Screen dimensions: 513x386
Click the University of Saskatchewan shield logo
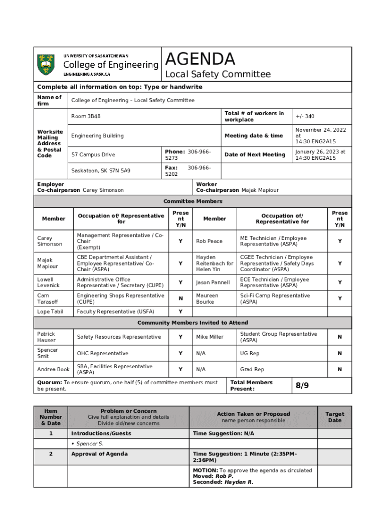[x=46, y=65]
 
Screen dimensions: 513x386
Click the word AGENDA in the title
[x=200, y=59]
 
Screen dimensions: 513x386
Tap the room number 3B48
[x=86, y=116]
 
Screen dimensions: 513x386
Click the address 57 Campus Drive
[x=93, y=154]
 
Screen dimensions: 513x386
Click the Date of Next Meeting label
[x=255, y=154]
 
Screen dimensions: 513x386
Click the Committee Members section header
[x=193, y=201]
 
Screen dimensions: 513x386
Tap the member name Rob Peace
[x=209, y=241]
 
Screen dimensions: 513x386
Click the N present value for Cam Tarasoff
[x=180, y=299]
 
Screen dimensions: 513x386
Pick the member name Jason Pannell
[x=213, y=283]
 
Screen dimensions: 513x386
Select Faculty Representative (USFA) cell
[x=115, y=312]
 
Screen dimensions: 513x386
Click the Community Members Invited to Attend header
[x=193, y=323]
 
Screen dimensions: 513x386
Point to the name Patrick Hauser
[x=46, y=337]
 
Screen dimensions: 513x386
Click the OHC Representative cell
[x=102, y=353]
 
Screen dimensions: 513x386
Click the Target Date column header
[x=334, y=417]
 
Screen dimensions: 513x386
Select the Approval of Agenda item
[x=99, y=454]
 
